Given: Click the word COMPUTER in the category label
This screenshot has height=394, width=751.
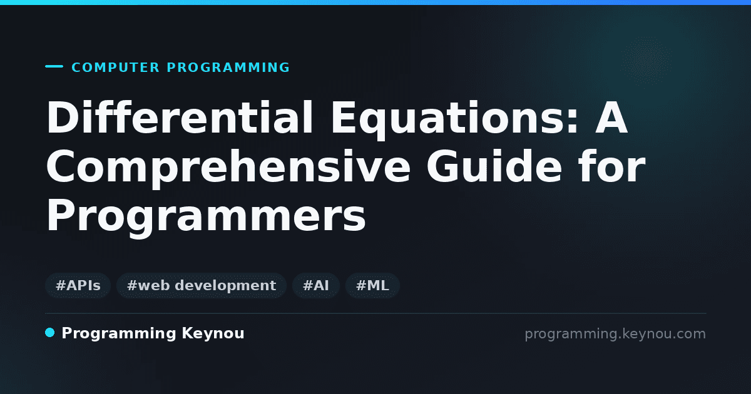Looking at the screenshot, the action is (115, 68).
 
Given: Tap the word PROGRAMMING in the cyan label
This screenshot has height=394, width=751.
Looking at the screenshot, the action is (228, 68).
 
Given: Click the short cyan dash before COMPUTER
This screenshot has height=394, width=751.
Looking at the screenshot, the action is (54, 66).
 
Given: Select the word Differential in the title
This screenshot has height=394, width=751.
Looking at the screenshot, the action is (180, 118).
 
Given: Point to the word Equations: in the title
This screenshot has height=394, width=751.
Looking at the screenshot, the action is (455, 120).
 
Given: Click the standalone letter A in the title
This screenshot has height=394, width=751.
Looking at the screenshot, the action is (611, 118).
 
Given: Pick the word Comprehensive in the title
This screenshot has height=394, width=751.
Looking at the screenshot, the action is (228, 168).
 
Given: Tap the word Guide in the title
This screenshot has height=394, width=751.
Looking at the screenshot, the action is (494, 166).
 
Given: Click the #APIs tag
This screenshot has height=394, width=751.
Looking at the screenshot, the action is (78, 285).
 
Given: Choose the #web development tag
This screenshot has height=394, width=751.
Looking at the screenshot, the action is (202, 285).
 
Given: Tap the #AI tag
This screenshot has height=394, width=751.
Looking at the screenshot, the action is (316, 285).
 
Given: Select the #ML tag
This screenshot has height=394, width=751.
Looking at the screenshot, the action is (372, 285).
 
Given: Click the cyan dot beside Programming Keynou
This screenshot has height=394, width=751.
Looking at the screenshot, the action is (50, 333).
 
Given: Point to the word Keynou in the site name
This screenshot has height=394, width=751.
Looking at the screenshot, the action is (213, 333).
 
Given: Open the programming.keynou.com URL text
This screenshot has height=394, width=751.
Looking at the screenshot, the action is (615, 335).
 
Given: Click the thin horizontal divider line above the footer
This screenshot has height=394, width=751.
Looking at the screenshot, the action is (375, 313).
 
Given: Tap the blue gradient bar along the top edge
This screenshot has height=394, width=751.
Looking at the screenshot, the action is (375, 3).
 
